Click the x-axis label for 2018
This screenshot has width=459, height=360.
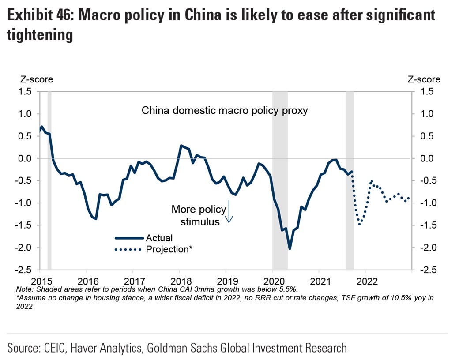pos(179,281)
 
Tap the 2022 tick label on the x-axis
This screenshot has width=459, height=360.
pos(366,281)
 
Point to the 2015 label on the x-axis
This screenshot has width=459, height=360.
pos(40,281)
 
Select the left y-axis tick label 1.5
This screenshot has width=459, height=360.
pos(25,91)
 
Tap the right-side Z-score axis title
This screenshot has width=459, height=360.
pos(423,79)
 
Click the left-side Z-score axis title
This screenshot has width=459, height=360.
pos(36,79)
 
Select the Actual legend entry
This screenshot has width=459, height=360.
pos(159,238)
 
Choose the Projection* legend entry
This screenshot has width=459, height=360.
pos(169,249)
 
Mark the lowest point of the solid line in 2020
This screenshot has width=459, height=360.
pos(290,248)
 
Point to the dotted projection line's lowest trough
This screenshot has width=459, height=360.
pos(360,224)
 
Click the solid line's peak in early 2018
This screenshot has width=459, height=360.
pos(181,145)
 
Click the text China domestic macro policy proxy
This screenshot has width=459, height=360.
pos(224,111)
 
